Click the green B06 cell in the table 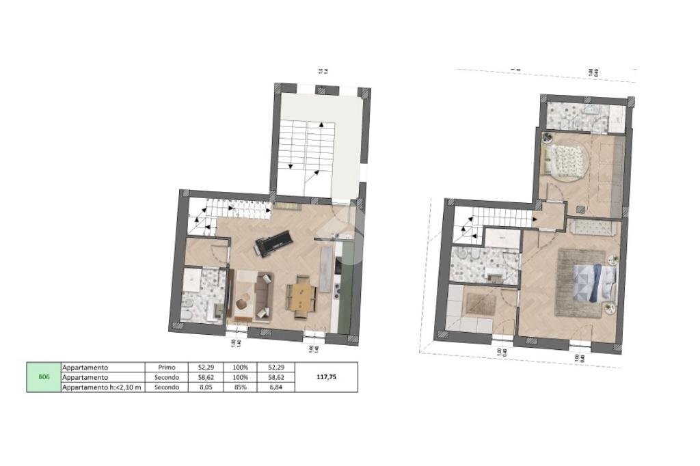(44, 376)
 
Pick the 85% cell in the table (239, 387)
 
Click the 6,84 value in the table (277, 387)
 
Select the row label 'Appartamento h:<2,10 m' (103, 387)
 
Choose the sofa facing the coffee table (261, 297)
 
